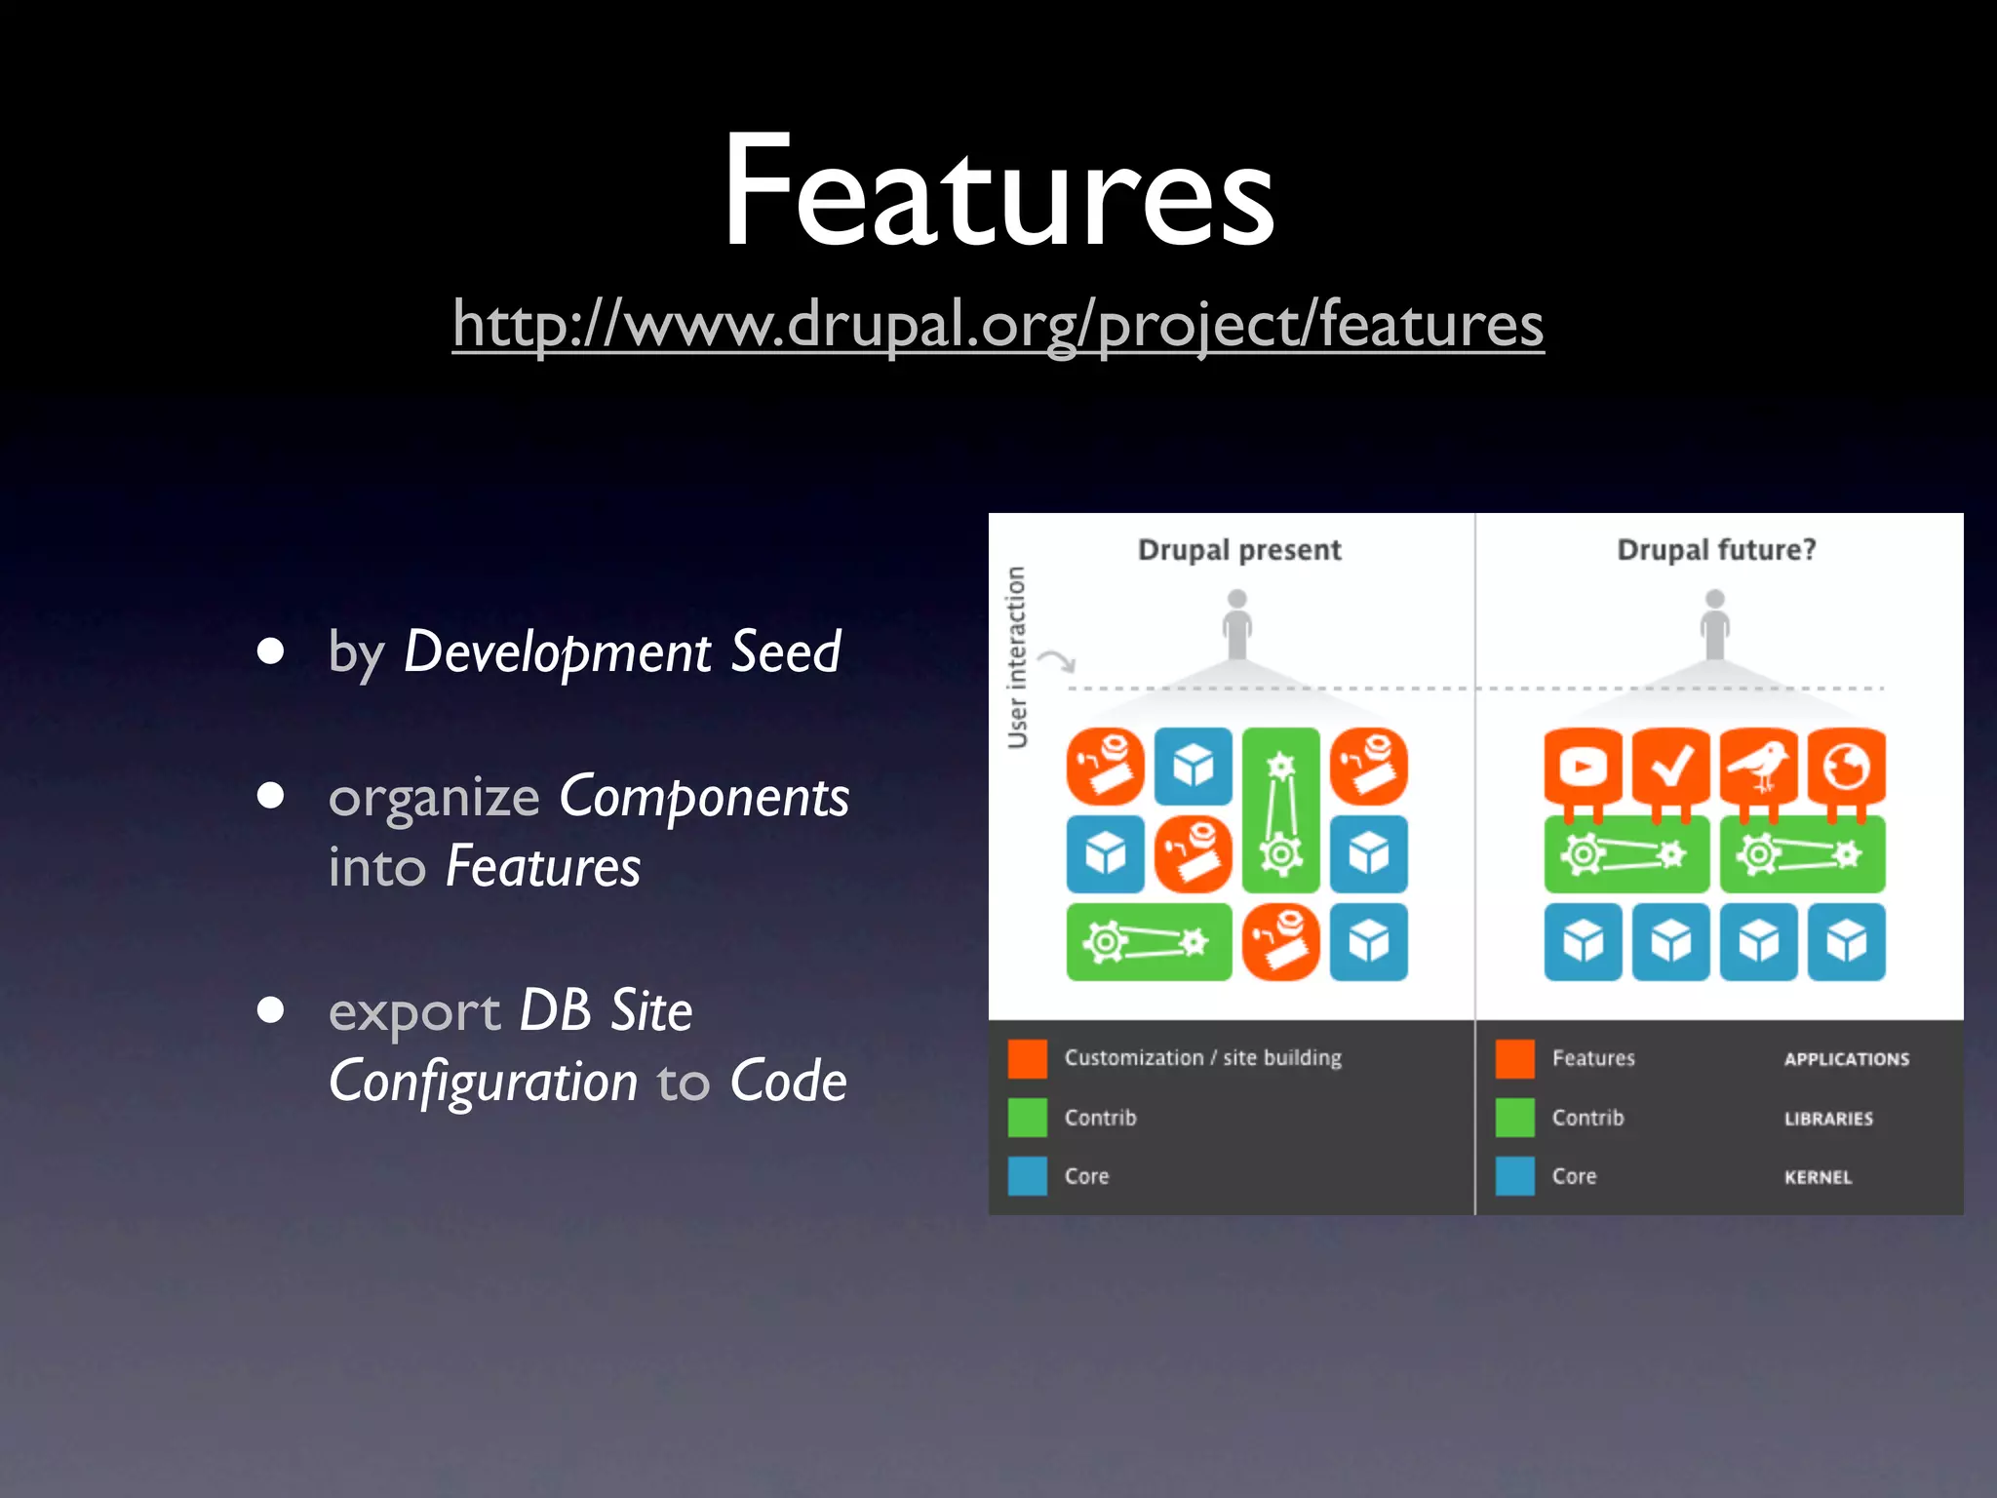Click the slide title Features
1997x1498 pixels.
tap(998, 190)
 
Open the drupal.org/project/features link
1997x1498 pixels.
tap(998, 324)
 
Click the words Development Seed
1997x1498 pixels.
tap(622, 651)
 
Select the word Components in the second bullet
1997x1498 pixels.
tap(704, 797)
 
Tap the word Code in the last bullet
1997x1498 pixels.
tap(788, 1081)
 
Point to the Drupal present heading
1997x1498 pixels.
tap(1239, 550)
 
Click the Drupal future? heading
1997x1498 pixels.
tap(1716, 550)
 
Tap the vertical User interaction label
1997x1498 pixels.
tap(1017, 657)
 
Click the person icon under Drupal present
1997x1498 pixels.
tap(1237, 624)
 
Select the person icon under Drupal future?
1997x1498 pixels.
tap(1715, 624)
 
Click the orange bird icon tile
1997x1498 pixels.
tap(1758, 767)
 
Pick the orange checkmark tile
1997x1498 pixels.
tap(1670, 767)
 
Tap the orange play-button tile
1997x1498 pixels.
tap(1583, 767)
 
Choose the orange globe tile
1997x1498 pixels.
tap(1846, 767)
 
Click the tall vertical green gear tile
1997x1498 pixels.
tap(1280, 809)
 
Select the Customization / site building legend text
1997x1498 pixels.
tap(1202, 1058)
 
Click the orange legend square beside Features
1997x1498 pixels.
tap(1515, 1059)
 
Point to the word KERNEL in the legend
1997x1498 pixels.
tap(1818, 1177)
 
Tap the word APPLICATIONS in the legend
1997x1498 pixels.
tap(1846, 1059)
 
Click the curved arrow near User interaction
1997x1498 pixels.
tap(1057, 661)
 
